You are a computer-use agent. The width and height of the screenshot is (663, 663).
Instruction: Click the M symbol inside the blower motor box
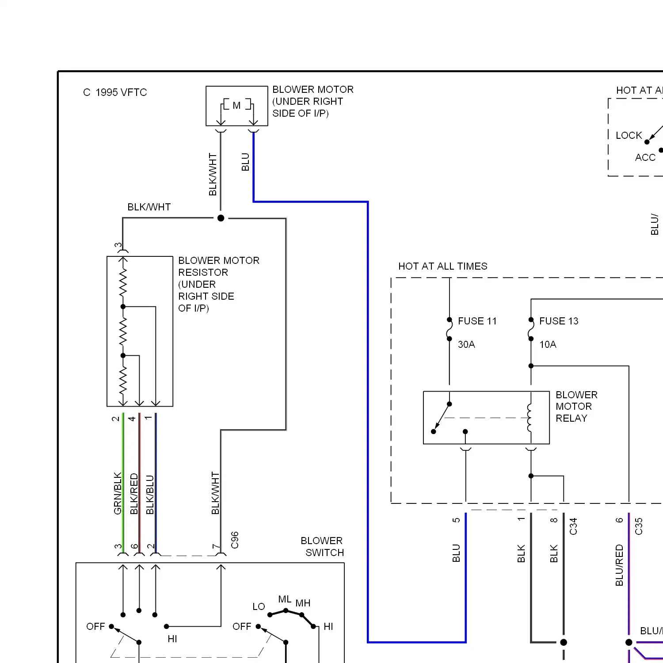click(236, 106)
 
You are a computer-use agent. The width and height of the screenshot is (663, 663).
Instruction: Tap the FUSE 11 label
click(477, 321)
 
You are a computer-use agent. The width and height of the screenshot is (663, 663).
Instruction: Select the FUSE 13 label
click(559, 321)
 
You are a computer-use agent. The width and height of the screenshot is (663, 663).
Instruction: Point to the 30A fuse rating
click(466, 344)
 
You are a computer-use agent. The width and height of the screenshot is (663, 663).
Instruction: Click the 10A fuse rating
click(548, 344)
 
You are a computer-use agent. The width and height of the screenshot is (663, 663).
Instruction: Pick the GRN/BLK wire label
click(118, 493)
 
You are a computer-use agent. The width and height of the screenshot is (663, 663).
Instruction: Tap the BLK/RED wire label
click(134, 494)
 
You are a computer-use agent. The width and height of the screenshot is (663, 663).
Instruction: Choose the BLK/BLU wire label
click(150, 495)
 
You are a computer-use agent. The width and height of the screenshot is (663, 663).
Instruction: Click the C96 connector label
click(235, 540)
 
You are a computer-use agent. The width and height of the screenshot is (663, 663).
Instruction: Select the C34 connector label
click(573, 526)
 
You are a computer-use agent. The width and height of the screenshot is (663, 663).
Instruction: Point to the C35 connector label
click(638, 526)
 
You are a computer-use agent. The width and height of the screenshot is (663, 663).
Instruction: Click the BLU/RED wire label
click(619, 565)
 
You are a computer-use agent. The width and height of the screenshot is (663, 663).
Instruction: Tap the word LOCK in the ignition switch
click(629, 135)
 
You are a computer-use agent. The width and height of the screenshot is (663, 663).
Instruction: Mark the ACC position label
click(645, 157)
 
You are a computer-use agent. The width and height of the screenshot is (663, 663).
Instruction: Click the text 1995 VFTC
click(121, 92)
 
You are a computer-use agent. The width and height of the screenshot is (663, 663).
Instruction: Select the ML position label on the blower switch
click(285, 599)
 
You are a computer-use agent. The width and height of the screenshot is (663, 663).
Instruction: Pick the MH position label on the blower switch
click(303, 603)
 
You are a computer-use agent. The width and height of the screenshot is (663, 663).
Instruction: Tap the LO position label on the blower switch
click(259, 606)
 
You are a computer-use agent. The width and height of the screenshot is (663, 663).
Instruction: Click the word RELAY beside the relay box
click(572, 418)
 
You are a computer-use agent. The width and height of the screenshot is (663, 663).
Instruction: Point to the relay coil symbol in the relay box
click(529, 418)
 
